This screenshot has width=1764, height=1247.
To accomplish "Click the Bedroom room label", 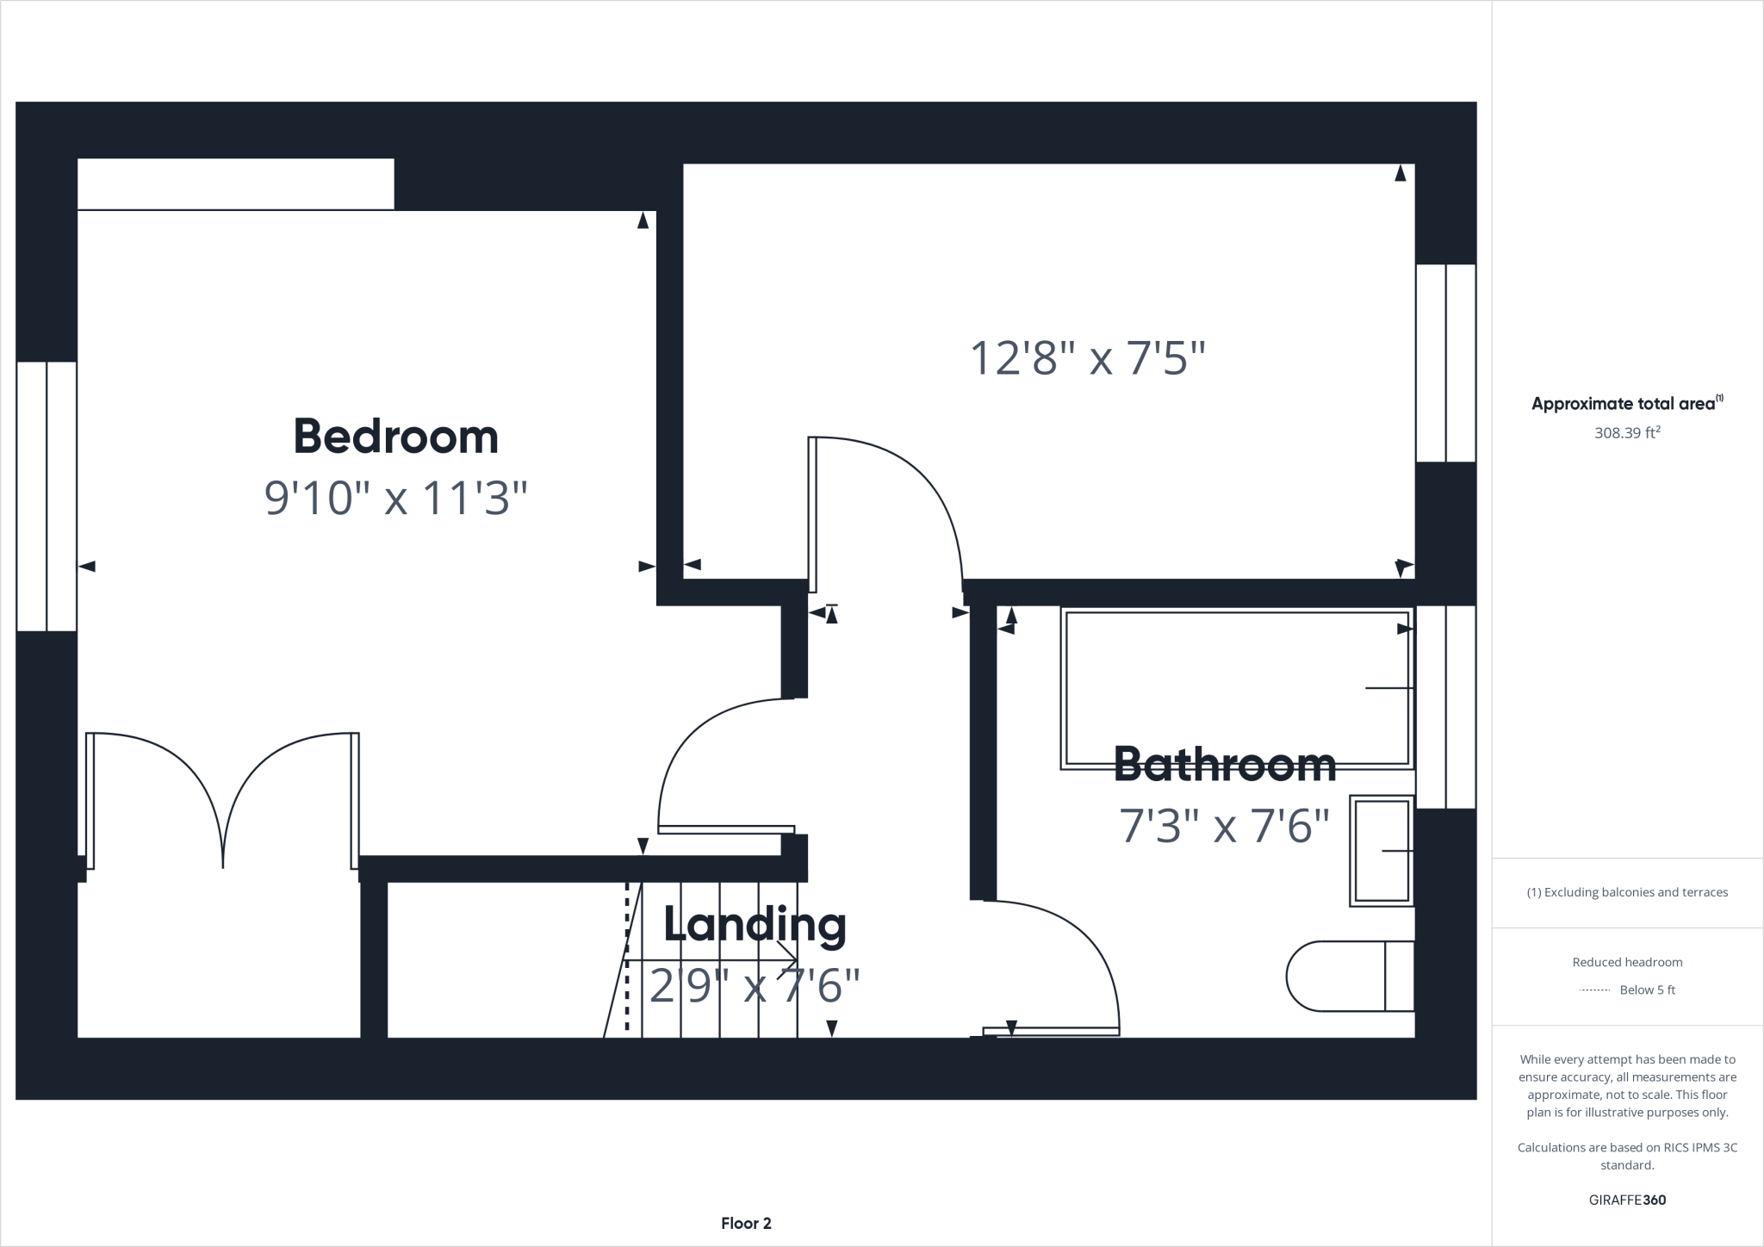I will pyautogui.click(x=395, y=437).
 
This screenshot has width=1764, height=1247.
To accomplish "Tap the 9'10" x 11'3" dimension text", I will pyautogui.click(x=395, y=499).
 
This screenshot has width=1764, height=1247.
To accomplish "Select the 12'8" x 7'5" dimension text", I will pyautogui.click(x=1087, y=358).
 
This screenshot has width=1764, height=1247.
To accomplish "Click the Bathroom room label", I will pyautogui.click(x=1224, y=765).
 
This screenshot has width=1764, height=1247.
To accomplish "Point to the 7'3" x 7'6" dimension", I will pyautogui.click(x=1224, y=826).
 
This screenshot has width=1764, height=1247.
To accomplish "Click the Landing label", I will pyautogui.click(x=755, y=925).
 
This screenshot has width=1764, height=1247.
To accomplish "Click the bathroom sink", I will pyautogui.click(x=1382, y=851).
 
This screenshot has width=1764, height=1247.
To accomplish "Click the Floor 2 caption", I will pyautogui.click(x=746, y=1223).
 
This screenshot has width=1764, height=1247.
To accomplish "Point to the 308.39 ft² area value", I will pyautogui.click(x=1626, y=433).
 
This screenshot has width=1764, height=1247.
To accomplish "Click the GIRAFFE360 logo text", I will pyautogui.click(x=1627, y=1200).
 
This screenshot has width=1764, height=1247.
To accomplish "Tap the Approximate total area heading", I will pyautogui.click(x=1626, y=403).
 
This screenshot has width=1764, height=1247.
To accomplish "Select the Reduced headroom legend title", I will pyautogui.click(x=1627, y=962).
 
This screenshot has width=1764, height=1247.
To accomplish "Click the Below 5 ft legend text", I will pyautogui.click(x=1647, y=990).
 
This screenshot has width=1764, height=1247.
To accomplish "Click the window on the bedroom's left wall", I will pyautogui.click(x=47, y=496).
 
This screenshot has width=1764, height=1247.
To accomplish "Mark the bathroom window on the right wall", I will pyautogui.click(x=1446, y=706).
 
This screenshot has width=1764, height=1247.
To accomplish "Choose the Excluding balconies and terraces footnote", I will pyautogui.click(x=1627, y=892).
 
